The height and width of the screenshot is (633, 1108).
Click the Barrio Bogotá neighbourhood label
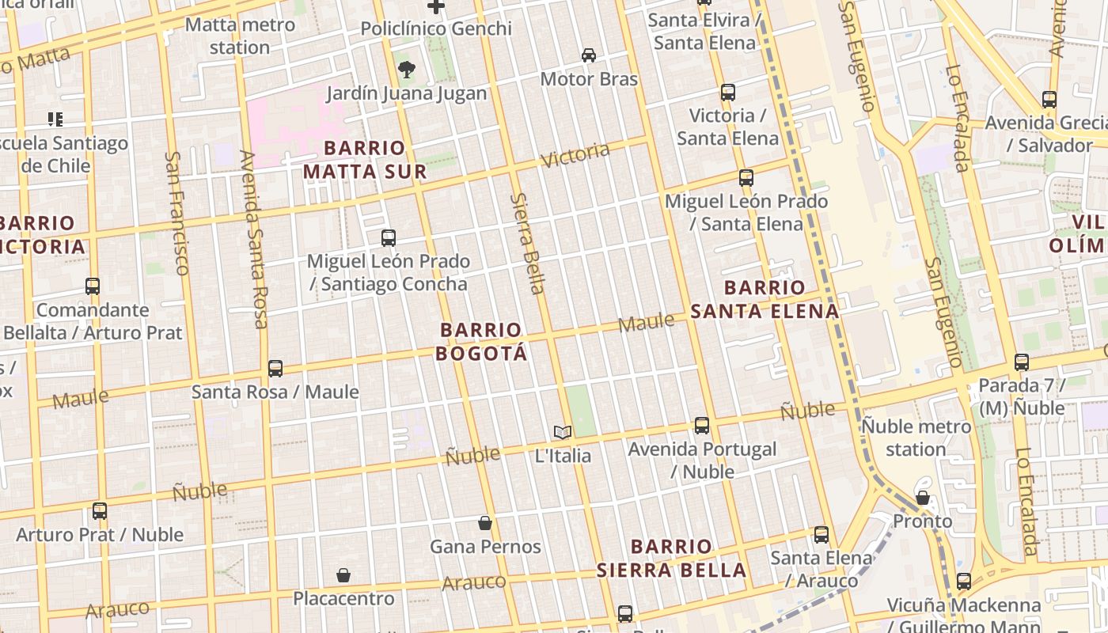click(481, 341)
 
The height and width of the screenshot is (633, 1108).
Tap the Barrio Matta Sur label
click(365, 160)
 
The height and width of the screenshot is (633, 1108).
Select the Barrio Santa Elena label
click(764, 299)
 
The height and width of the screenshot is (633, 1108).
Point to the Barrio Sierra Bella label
click(671, 559)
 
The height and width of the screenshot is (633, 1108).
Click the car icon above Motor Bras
click(589, 55)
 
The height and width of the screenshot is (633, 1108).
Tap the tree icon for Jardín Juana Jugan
click(407, 70)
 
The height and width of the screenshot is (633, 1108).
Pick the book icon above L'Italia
click(563, 432)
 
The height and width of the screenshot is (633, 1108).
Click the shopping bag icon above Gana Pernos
click(485, 523)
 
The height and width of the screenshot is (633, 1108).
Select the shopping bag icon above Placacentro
click(343, 575)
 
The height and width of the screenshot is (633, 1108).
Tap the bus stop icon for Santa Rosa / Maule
click(275, 368)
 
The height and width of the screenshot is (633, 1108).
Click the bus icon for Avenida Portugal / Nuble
click(702, 426)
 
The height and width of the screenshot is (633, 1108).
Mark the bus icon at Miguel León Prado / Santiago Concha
click(389, 237)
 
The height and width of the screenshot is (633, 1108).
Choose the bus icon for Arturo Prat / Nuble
click(100, 511)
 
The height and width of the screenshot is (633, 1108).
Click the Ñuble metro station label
click(916, 438)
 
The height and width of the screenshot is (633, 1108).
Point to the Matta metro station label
click(240, 36)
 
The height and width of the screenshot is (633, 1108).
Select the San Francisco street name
click(176, 213)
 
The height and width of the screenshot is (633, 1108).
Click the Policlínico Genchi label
click(436, 28)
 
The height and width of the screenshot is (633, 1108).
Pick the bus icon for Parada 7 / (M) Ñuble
click(1022, 362)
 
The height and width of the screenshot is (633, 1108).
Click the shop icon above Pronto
click(923, 498)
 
